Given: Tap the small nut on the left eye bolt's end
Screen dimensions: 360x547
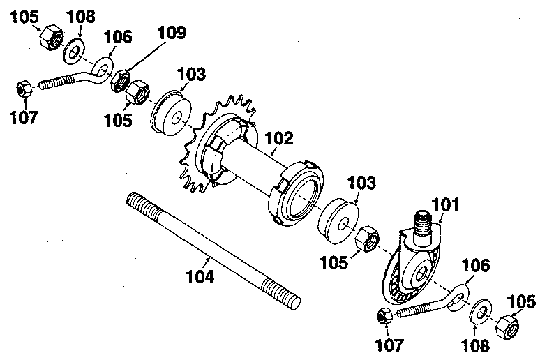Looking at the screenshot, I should [x=23, y=89].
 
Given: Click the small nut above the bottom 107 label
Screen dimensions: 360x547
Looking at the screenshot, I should [x=384, y=316].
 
